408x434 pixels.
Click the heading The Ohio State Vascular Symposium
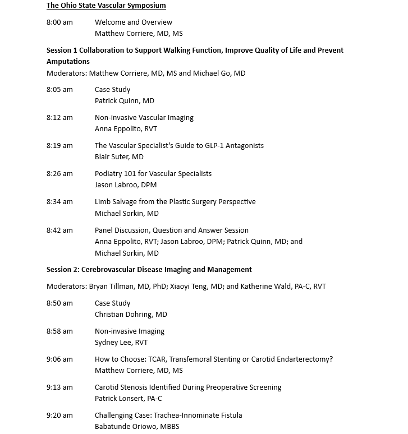coord(106,6)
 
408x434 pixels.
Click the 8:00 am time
coord(59,22)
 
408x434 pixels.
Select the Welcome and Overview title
coord(134,22)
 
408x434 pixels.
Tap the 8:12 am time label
coord(59,118)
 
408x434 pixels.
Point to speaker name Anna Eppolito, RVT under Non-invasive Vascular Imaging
coord(126,129)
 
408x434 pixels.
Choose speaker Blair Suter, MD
coord(119,157)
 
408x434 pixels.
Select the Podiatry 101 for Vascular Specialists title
coord(153,174)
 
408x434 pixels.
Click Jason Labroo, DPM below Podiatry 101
coord(126,185)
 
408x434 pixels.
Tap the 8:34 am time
coord(59,202)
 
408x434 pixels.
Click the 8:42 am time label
coord(59,230)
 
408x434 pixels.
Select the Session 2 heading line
coord(149,270)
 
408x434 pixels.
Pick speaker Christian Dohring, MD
coord(131,315)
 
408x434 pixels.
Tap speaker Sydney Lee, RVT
coord(121,343)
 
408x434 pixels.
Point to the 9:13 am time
coord(59,387)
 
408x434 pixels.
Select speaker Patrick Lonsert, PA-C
coord(129,399)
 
